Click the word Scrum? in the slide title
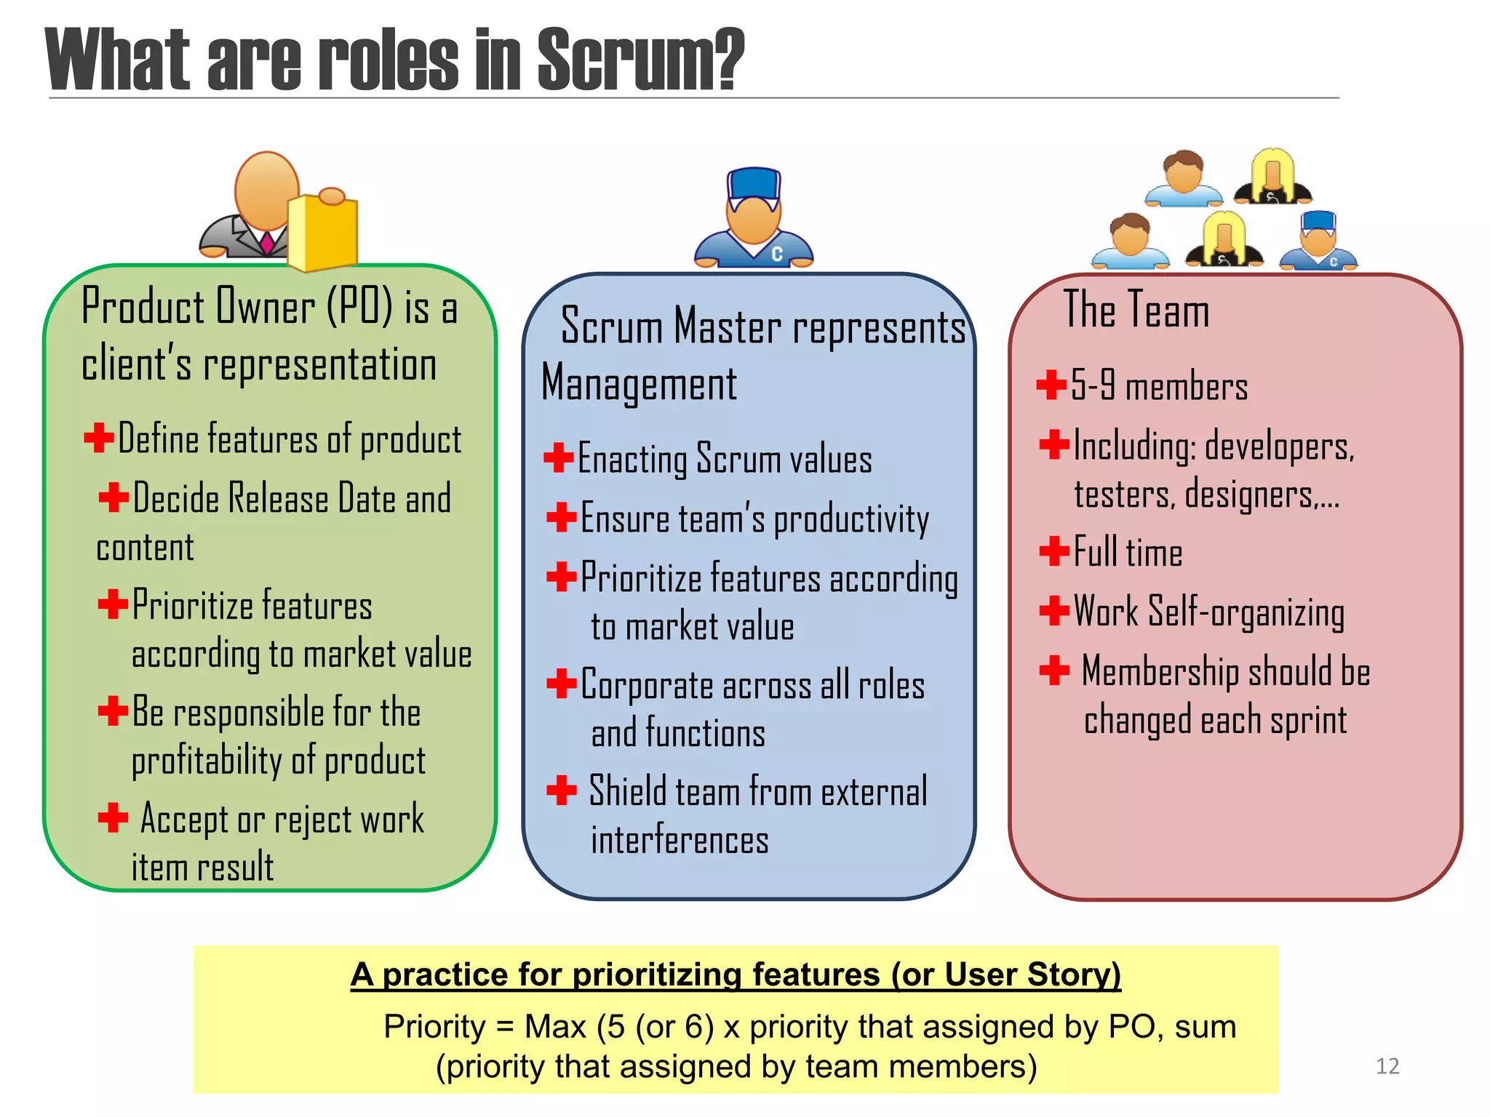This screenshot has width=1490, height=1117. tap(640, 60)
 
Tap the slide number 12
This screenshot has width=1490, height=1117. tap(1387, 1066)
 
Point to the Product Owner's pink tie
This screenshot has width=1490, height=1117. tap(267, 242)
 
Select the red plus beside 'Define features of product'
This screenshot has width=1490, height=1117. tap(98, 438)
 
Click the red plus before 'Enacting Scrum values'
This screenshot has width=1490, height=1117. tap(559, 457)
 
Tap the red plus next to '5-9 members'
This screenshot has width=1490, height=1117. tap(1051, 385)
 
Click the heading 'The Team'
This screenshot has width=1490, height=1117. tap(1136, 310)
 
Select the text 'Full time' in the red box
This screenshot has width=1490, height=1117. tap(1128, 552)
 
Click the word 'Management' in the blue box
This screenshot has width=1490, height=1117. tap(639, 383)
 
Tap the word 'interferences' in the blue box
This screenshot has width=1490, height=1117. tap(680, 841)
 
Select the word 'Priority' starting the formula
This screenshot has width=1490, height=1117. tap(434, 1027)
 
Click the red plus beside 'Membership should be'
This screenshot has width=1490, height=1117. tap(1054, 670)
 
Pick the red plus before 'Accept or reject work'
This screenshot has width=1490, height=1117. tap(113, 817)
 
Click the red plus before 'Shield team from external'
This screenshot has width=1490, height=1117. tap(561, 790)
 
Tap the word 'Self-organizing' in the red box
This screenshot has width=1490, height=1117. tap(1246, 612)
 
